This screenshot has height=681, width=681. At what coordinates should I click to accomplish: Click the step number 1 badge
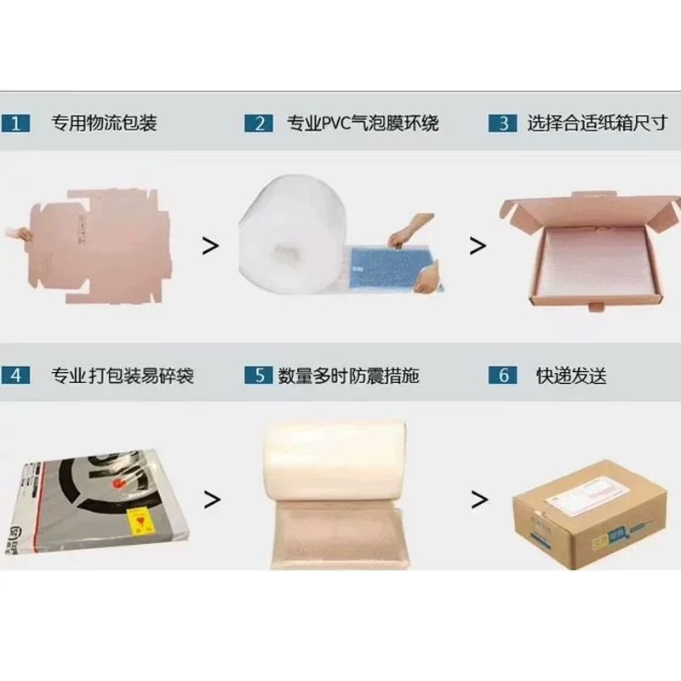point(15,123)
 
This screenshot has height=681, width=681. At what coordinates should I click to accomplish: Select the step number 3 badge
point(503,123)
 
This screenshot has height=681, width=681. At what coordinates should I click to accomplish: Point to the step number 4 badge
point(15,375)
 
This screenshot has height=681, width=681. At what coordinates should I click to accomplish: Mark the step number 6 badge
point(503,375)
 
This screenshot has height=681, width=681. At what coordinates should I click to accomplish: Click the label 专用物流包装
point(105,123)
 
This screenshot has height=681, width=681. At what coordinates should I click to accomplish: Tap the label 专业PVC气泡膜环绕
point(363,123)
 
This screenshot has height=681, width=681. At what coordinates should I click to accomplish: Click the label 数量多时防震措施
point(349,375)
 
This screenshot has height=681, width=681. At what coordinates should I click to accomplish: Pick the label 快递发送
point(571,375)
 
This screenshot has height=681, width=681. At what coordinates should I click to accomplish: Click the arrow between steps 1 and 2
point(209,246)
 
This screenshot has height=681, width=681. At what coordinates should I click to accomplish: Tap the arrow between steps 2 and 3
point(478,246)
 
